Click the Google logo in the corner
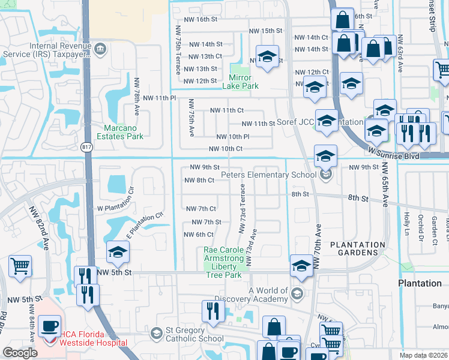pyautogui.click(x=20, y=353)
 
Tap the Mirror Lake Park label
pyautogui.click(x=244, y=82)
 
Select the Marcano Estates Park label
pyautogui.click(x=115, y=132)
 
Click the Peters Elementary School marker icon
pyautogui.click(x=325, y=175)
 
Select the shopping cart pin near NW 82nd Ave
pyautogui.click(x=20, y=266)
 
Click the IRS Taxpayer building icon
pyautogui.click(x=100, y=47)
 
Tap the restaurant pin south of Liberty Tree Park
pyautogui.click(x=213, y=310)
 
